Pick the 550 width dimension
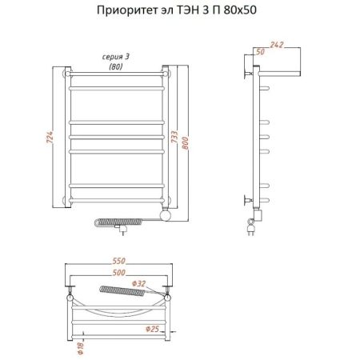click(x=118, y=262)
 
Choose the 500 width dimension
click(x=118, y=274)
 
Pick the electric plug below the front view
click(x=119, y=227)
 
